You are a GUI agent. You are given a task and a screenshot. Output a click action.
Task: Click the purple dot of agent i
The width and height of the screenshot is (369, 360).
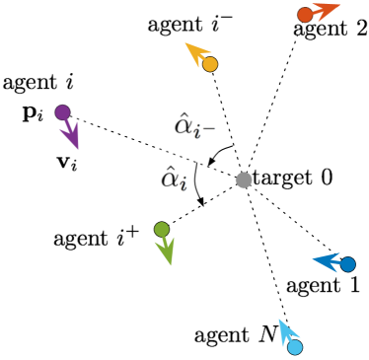click(x=62, y=112)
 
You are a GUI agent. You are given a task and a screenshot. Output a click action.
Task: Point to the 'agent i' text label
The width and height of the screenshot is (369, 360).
click(x=39, y=83)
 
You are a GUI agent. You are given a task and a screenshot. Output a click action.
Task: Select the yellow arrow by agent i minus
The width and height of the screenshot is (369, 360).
click(x=197, y=54)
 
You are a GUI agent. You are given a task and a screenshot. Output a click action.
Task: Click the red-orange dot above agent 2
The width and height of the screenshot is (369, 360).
click(x=305, y=14)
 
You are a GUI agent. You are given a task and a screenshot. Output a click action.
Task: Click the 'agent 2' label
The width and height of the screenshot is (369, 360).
click(x=330, y=30)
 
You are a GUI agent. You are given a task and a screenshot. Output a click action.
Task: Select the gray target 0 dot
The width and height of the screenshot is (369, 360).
click(x=243, y=180)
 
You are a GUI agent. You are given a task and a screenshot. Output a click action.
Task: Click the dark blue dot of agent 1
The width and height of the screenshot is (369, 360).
click(x=347, y=263)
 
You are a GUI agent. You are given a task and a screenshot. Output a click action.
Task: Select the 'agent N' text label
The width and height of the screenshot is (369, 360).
click(x=236, y=336)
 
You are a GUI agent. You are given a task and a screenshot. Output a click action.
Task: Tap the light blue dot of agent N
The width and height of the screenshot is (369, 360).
click(x=294, y=346)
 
